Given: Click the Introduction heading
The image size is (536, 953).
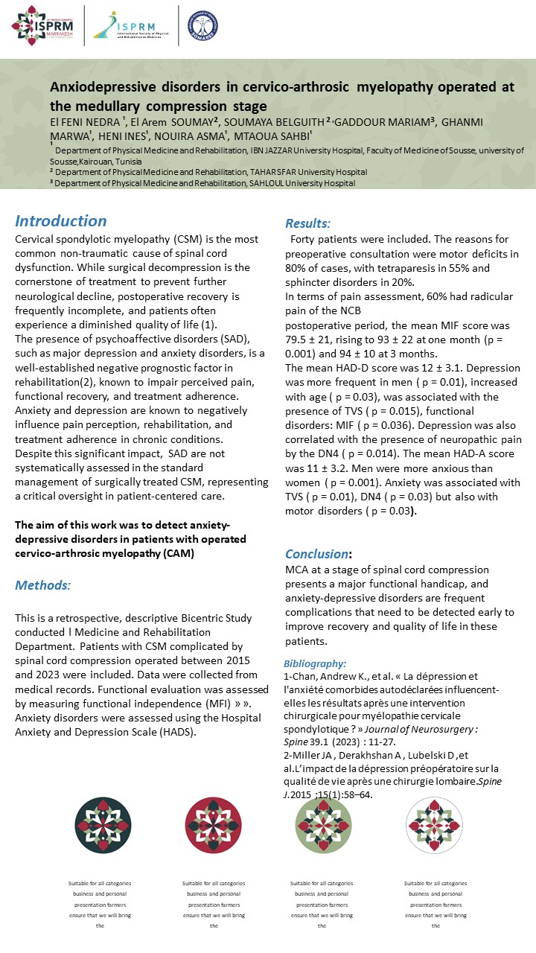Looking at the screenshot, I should click(x=61, y=221).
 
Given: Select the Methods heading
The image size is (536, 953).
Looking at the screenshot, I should click(x=43, y=585).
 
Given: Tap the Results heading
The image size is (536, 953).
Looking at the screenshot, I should click(x=308, y=223).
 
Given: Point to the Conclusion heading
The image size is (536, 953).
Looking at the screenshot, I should click(x=318, y=554).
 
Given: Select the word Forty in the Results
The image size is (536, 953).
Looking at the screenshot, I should click(x=306, y=239).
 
